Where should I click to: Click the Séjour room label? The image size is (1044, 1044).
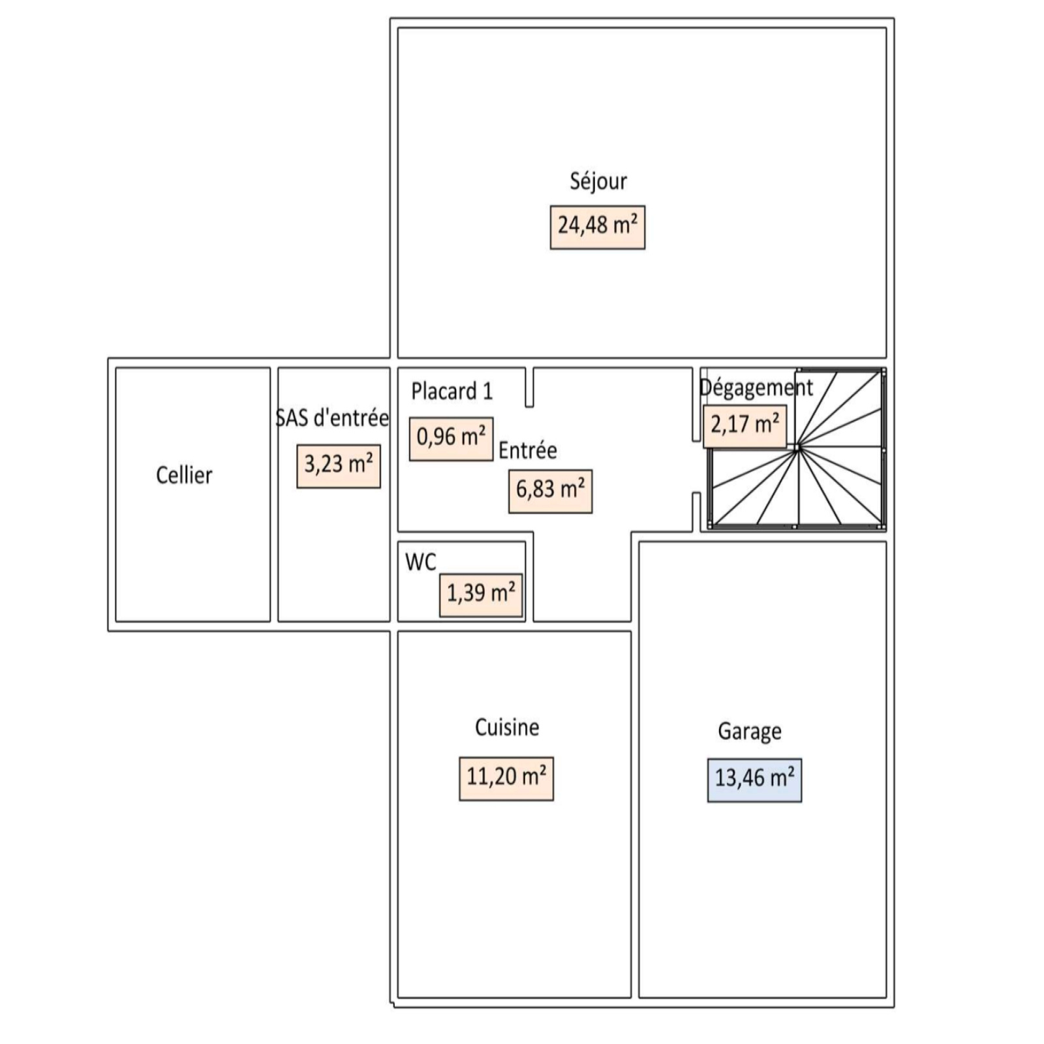(x=598, y=181)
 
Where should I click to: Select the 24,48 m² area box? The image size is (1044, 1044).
(x=598, y=227)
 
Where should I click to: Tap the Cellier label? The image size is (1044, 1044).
(x=184, y=475)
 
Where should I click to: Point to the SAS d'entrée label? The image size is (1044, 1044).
(x=333, y=418)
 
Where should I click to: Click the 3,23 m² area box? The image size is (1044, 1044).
(x=339, y=466)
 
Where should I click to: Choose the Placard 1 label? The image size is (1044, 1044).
(x=452, y=391)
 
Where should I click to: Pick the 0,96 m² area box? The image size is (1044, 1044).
(x=451, y=438)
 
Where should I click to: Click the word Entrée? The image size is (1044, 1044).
(x=528, y=450)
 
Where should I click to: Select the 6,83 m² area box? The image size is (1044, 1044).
(x=551, y=491)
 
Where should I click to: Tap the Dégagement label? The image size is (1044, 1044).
(x=756, y=388)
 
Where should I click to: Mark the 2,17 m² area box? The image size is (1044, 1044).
(x=745, y=426)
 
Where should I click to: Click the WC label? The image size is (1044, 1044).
(x=420, y=562)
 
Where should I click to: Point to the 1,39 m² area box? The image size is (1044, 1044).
(x=481, y=595)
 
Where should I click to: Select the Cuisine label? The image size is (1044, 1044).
(x=507, y=728)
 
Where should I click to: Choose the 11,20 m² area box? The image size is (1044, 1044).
(x=506, y=778)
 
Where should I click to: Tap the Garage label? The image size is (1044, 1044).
(x=750, y=731)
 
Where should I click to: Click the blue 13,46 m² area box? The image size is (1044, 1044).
(x=755, y=780)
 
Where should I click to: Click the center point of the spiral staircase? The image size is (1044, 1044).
(x=797, y=448)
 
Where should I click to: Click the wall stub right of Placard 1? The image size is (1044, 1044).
(x=529, y=387)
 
